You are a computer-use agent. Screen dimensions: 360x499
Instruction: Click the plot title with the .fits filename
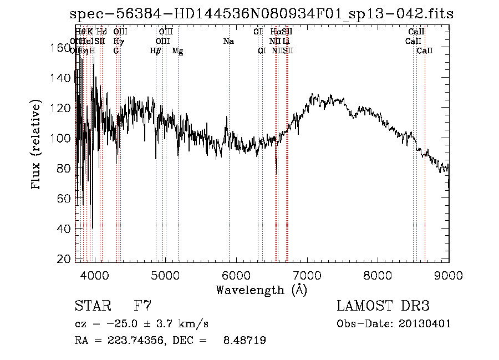coord(262,14)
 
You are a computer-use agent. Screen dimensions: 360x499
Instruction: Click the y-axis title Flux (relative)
coord(37,145)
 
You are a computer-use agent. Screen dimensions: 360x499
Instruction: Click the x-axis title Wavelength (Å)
coord(261,290)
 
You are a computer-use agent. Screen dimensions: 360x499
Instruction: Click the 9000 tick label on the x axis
coord(448,275)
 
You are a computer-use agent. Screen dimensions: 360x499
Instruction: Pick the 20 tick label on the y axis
coord(67,259)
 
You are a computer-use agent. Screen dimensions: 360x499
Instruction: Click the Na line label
coord(228,42)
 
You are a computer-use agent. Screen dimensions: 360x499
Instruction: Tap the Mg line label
coord(177,51)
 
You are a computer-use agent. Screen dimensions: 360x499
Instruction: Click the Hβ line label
coord(155,51)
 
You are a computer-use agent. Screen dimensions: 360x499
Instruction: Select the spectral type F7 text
coord(143,306)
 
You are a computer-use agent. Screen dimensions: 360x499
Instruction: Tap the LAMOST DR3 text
coord(383,306)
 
